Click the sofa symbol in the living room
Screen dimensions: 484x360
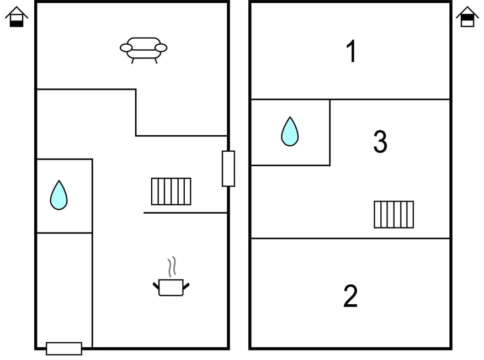143,50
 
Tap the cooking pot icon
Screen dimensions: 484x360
171,288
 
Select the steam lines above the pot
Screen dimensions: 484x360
172,267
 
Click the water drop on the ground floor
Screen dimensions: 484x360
58,195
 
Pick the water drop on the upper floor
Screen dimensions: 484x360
290,131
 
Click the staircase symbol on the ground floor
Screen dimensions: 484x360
171,192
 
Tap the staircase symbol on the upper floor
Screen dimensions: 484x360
394,215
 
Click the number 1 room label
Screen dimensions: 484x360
352,51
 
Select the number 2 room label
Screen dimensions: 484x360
350,296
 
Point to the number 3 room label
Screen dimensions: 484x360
380,141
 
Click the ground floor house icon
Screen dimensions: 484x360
17,17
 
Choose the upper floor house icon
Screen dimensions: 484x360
467,17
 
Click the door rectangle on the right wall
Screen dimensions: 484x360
228,168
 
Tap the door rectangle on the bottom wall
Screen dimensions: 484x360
64,348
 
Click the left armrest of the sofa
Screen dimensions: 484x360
126,48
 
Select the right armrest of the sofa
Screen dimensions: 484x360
161,48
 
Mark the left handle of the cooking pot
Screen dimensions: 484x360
156,286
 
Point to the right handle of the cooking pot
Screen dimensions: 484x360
186,286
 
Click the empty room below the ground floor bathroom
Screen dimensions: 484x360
65,290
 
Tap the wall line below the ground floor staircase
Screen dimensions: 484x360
185,213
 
